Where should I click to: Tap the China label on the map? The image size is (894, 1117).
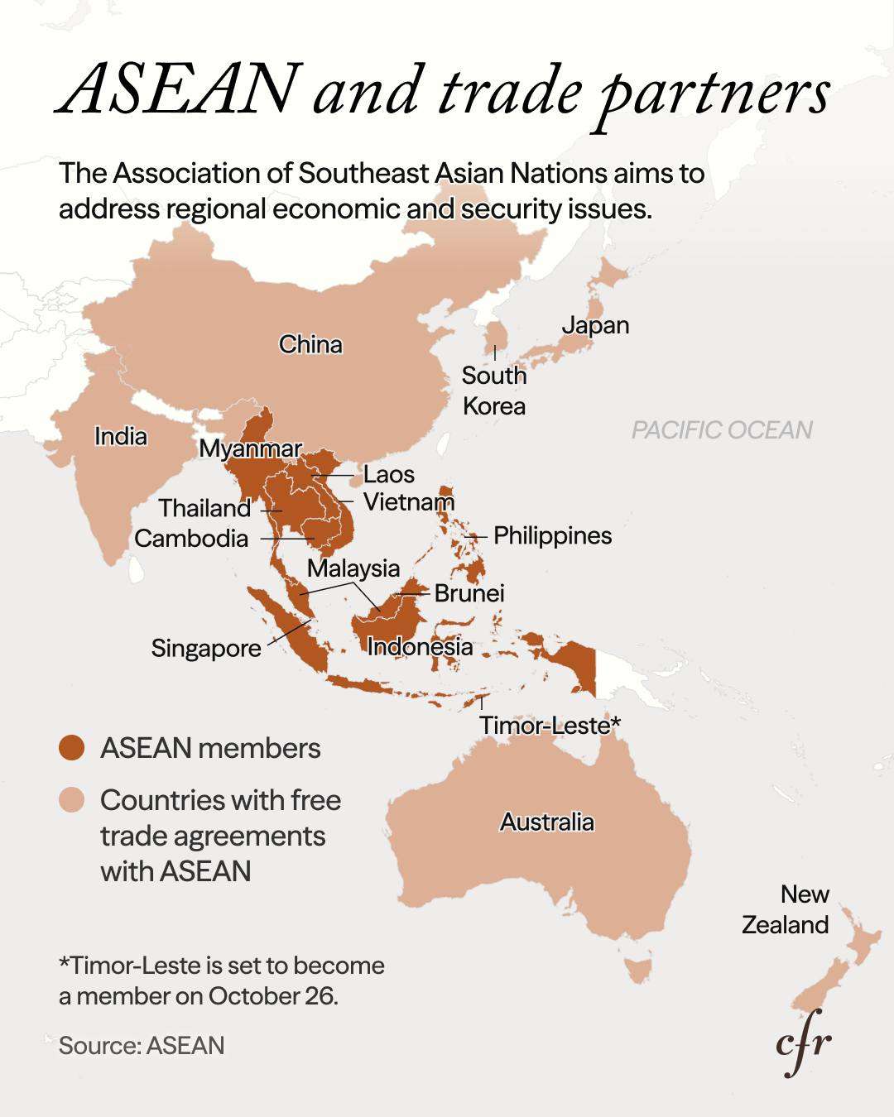point(310,344)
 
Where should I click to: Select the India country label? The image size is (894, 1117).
point(121,436)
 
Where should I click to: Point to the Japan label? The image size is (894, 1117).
point(595,325)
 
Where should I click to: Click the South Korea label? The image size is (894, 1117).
point(494,391)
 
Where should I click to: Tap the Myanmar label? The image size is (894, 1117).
point(251,448)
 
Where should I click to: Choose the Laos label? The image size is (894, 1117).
point(389,474)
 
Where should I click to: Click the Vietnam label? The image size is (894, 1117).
point(409,501)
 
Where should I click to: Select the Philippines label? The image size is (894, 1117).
point(552,535)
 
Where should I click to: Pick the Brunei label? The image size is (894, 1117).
point(469,592)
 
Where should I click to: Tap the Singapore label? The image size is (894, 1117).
point(206,648)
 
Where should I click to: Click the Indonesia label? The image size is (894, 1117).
point(420,646)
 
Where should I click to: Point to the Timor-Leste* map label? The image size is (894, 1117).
point(550,725)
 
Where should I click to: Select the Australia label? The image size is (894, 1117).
point(547,822)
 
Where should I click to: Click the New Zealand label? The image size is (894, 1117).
point(786,909)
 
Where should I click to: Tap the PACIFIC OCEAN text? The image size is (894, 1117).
point(722,429)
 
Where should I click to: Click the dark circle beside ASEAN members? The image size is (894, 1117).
point(72,748)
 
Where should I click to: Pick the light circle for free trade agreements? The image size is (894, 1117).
point(72,801)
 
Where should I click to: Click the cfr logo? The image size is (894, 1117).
point(803,1045)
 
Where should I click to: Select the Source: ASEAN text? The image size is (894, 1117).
point(142,1045)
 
